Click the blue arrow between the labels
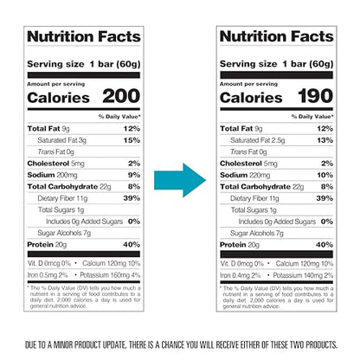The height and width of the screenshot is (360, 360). (180, 179)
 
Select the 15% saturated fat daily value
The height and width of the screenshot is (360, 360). (131, 139)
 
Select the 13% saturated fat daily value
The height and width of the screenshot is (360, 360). (325, 139)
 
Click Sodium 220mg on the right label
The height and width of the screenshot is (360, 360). (251, 174)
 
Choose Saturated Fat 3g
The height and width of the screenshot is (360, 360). (69, 139)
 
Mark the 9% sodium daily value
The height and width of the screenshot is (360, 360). (133, 174)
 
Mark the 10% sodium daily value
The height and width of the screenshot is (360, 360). (325, 174)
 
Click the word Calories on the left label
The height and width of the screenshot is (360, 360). (57, 98)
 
